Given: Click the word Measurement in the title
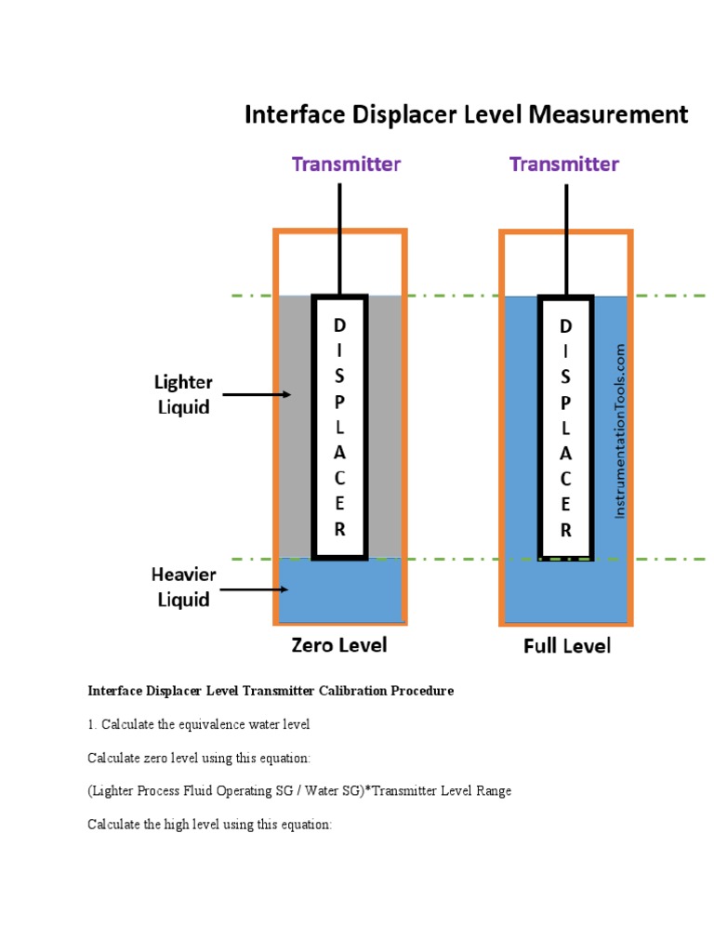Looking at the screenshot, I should tap(615, 115).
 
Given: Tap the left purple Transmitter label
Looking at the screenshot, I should tap(346, 165).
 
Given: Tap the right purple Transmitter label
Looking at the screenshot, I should tap(564, 165).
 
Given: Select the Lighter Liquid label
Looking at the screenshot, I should tap(183, 394).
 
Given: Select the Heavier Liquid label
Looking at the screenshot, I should tap(183, 588).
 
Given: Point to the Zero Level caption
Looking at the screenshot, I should tap(338, 644).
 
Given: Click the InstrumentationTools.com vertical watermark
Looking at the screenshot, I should tap(620, 431).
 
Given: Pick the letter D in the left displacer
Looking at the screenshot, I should tap(340, 325).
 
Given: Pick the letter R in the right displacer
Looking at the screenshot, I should tap(566, 531).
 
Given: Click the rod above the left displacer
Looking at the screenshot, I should tap(340, 238).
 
